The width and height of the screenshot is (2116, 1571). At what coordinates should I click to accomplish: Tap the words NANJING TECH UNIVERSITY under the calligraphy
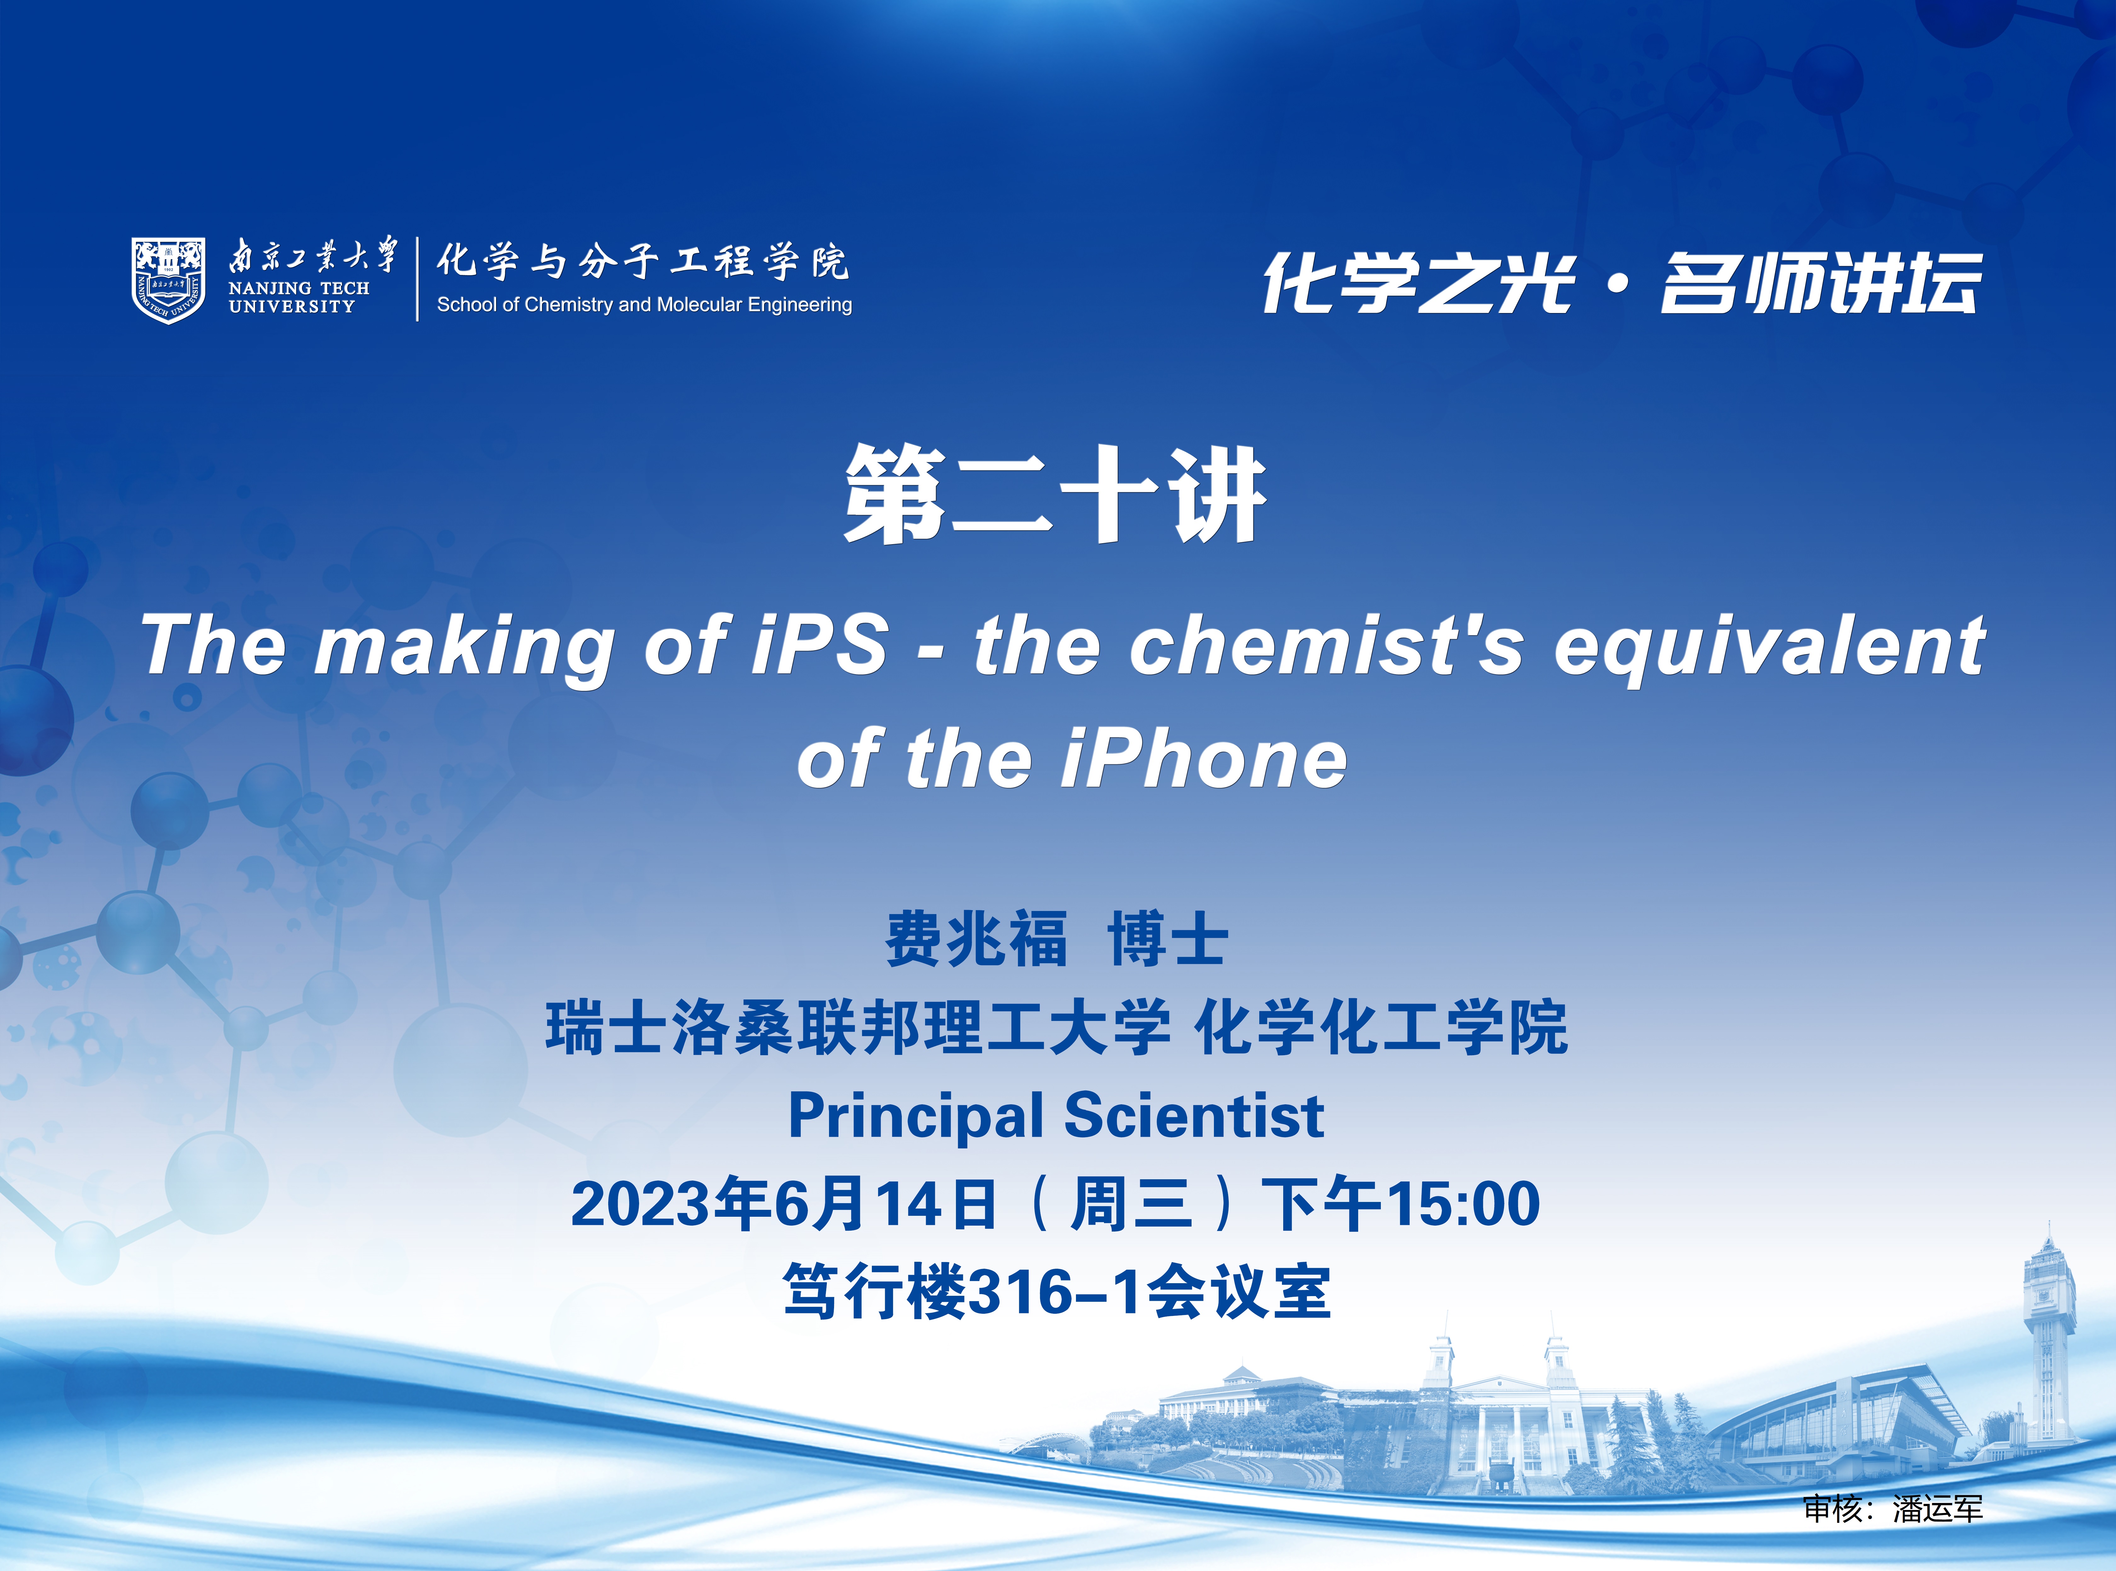click(x=299, y=297)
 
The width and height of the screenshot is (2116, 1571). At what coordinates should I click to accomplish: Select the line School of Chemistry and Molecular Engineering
click(x=644, y=304)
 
